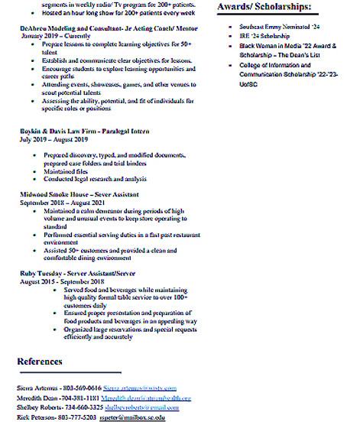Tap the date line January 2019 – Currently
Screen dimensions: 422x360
(51, 35)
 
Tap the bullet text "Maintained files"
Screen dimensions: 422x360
(64, 172)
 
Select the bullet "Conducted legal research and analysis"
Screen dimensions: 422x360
(95, 180)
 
